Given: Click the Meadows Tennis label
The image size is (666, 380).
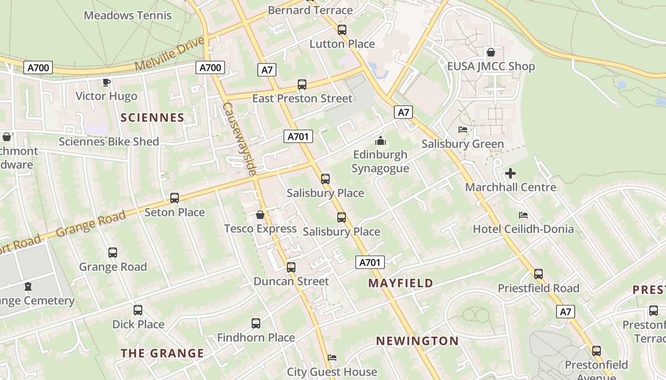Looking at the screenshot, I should click(127, 15).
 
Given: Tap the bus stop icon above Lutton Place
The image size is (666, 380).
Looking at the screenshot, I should click(342, 30).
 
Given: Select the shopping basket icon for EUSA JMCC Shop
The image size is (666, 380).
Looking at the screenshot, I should click(490, 52).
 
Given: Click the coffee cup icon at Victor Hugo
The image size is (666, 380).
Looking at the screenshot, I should click(107, 82).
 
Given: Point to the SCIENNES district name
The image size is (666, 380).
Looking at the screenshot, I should click(152, 117).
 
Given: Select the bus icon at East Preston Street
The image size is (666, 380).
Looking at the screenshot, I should click(302, 85).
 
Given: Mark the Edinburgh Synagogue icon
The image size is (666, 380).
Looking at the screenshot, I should click(380, 141).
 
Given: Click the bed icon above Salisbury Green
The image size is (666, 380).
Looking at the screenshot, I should click(462, 129).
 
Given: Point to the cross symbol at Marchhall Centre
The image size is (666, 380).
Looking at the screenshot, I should click(510, 173).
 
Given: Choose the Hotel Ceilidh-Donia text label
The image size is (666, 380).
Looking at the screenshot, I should click(523, 229).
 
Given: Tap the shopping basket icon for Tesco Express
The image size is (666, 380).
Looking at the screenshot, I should click(260, 215).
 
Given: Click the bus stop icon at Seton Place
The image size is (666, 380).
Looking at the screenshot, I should click(175, 198).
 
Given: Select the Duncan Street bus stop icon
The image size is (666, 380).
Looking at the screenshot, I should click(291, 267).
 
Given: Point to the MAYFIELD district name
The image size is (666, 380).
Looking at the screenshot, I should click(401, 283).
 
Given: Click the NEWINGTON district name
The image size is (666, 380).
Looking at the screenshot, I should click(417, 341).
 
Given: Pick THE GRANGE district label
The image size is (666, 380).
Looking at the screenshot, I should click(162, 353).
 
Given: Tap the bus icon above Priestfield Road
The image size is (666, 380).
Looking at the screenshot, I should click(539, 274).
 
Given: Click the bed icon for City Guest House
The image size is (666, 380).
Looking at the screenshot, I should click(332, 357).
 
